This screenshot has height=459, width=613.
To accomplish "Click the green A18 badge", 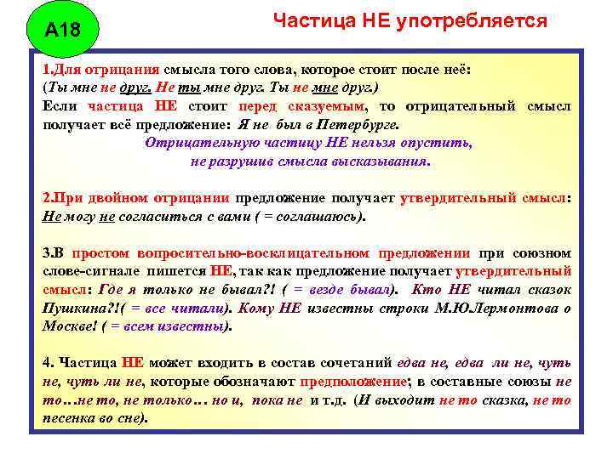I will tap(61, 31).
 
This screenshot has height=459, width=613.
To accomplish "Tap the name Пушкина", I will tap(72, 308).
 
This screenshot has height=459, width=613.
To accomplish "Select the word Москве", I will tap(66, 326).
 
